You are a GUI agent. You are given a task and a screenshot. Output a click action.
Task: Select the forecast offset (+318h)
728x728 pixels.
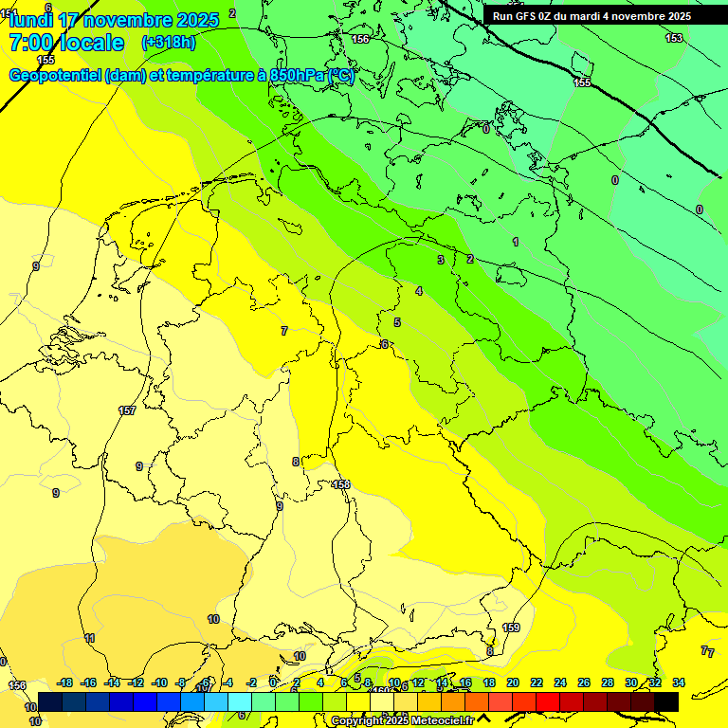[168, 43]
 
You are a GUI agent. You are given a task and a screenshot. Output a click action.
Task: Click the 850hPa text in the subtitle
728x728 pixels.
[294, 76]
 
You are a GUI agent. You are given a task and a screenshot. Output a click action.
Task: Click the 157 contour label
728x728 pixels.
[127, 410]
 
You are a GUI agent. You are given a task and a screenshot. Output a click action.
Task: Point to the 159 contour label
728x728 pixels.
[511, 628]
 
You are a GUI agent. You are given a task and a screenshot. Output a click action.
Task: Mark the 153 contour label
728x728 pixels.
[673, 38]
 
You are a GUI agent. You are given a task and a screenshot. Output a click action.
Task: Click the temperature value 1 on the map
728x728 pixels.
[516, 242]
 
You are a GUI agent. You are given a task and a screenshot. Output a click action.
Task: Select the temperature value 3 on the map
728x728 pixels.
[440, 260]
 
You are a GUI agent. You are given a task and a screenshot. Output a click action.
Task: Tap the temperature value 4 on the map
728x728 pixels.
[418, 291]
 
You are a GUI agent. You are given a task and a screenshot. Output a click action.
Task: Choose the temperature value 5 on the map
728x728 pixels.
[397, 323]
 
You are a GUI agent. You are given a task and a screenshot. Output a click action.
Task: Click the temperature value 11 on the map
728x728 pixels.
[89, 639]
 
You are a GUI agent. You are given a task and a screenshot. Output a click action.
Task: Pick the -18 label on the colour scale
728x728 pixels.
[65, 682]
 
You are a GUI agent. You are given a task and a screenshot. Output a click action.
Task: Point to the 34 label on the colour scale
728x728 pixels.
[679, 682]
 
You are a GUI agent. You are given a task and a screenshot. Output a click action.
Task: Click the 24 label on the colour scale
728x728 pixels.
[560, 682]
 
